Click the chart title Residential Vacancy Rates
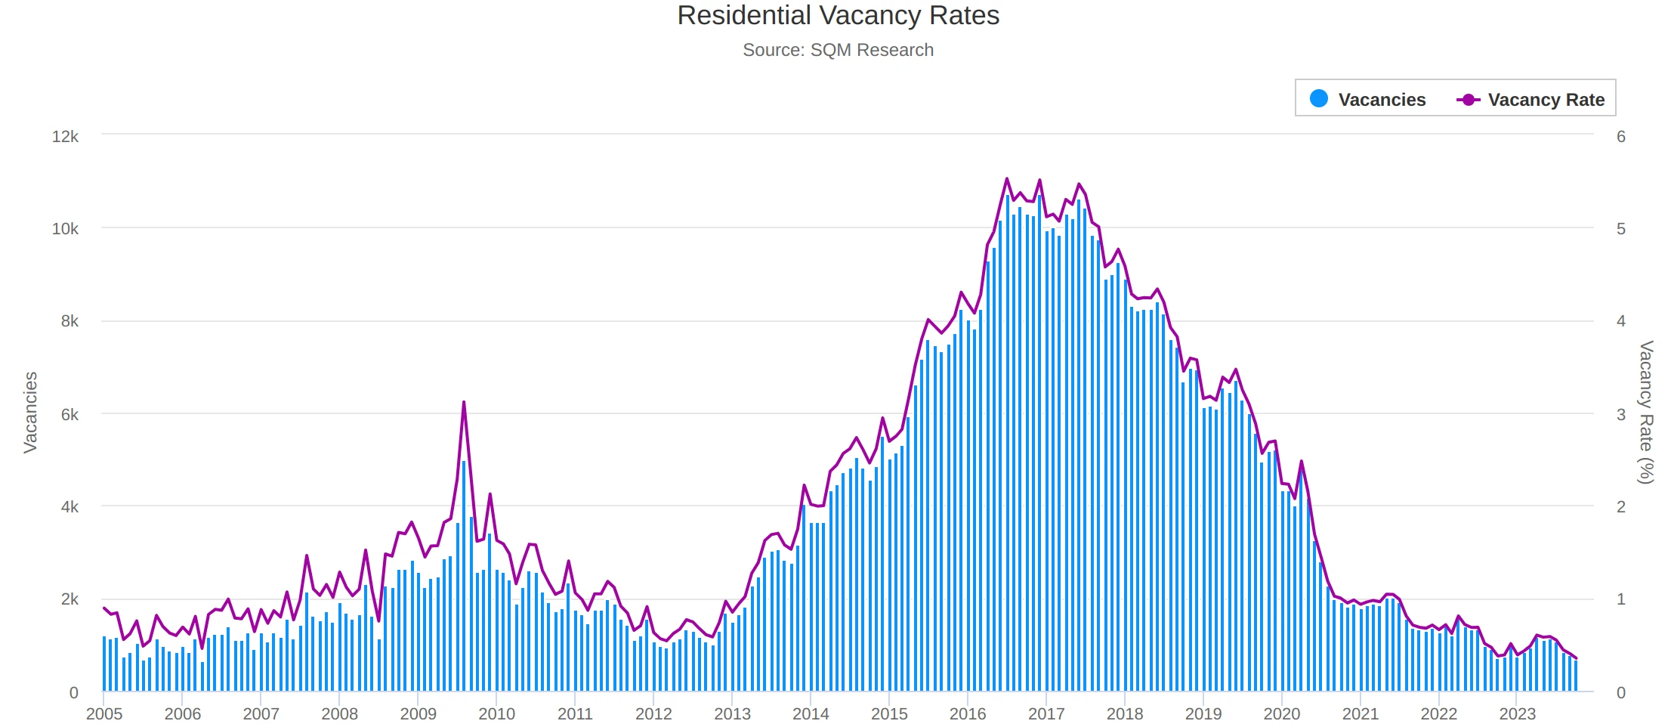click(838, 16)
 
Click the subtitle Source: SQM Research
click(838, 50)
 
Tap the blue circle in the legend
click(1318, 99)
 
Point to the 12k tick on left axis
click(65, 137)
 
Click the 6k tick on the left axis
click(69, 415)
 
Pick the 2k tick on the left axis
click(69, 599)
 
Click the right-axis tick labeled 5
click(1620, 229)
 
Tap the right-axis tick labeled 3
click(1620, 415)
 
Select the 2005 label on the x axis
click(104, 713)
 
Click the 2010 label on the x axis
click(496, 713)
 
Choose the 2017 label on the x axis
click(1046, 713)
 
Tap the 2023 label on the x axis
click(1517, 713)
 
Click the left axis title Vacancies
click(30, 413)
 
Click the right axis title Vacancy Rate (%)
click(1645, 413)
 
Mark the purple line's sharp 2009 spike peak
click(464, 402)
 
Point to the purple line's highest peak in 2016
click(1007, 179)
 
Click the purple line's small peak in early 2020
click(1301, 461)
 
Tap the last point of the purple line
click(1576, 658)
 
